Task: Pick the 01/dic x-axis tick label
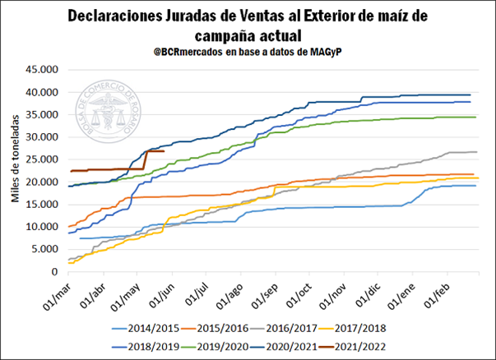(x=364, y=288)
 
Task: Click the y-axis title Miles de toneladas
(x=15, y=170)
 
